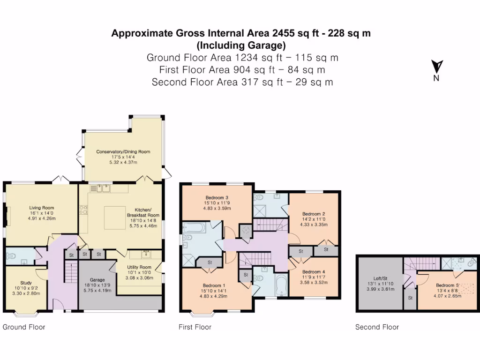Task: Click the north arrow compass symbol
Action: pyautogui.click(x=437, y=67)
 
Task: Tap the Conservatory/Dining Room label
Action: pyautogui.click(x=123, y=152)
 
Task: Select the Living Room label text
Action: pyautogui.click(x=42, y=208)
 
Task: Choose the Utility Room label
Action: pyautogui.click(x=138, y=267)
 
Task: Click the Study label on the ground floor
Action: pyautogui.click(x=26, y=283)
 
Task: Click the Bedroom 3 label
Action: pyautogui.click(x=217, y=197)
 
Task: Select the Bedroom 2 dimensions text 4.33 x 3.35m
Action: pyautogui.click(x=314, y=225)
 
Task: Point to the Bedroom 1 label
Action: pyautogui.click(x=214, y=285)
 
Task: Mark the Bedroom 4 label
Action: pyautogui.click(x=314, y=272)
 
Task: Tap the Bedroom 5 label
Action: pyautogui.click(x=446, y=285)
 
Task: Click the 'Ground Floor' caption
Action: pyautogui.click(x=24, y=327)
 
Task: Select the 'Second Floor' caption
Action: pyautogui.click(x=377, y=327)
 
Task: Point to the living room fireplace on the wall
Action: pyautogui.click(x=7, y=217)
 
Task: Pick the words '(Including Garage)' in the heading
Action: pyautogui.click(x=240, y=45)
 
